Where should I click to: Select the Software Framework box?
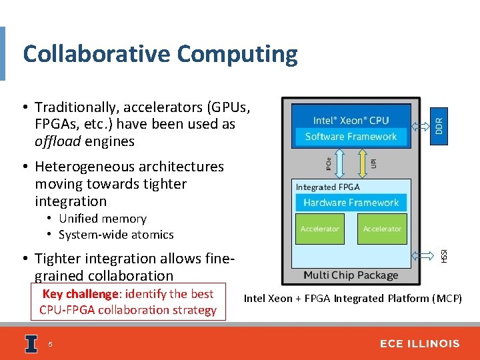point(351,137)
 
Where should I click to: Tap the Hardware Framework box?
point(351,203)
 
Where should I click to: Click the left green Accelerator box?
point(320,229)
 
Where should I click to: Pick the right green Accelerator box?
point(382,229)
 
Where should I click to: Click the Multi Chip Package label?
point(351,275)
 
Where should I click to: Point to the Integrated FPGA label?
point(327,187)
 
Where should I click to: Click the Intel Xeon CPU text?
point(351,121)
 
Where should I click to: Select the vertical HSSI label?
point(443,255)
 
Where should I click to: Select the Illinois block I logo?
point(31,343)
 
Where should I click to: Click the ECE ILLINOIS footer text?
point(419,343)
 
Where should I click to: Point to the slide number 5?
point(50,344)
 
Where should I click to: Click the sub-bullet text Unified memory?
point(103,219)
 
